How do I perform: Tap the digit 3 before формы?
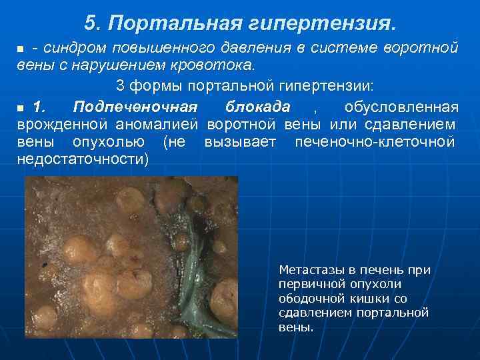tap(121, 87)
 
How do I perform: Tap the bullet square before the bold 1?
tap(20, 108)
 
